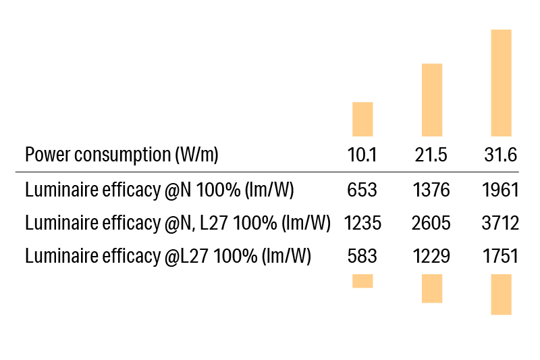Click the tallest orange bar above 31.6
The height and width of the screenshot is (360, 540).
click(501, 82)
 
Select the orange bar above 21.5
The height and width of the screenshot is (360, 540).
click(432, 99)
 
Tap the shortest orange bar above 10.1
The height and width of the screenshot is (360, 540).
click(362, 119)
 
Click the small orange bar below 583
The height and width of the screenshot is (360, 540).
click(362, 281)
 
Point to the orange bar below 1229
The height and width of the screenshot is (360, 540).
click(432, 288)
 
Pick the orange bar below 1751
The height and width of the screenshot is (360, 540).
click(501, 294)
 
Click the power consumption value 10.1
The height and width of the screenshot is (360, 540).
click(362, 155)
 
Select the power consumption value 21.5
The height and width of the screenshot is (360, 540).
click(431, 155)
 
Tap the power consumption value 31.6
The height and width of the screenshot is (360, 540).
click(500, 155)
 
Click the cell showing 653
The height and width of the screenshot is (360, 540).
click(362, 190)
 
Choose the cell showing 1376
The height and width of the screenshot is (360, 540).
click(431, 190)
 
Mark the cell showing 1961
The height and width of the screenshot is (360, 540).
click(500, 190)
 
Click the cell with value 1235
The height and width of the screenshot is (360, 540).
click(362, 224)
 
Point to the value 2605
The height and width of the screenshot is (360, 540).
click(431, 224)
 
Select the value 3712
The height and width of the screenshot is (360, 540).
click(500, 224)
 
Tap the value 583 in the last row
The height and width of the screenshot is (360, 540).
click(362, 257)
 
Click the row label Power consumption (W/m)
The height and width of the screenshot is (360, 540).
click(122, 155)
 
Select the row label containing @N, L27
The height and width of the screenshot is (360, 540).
click(178, 224)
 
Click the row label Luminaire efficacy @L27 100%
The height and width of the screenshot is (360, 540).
click(168, 257)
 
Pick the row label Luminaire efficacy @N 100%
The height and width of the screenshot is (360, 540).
click(159, 190)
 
